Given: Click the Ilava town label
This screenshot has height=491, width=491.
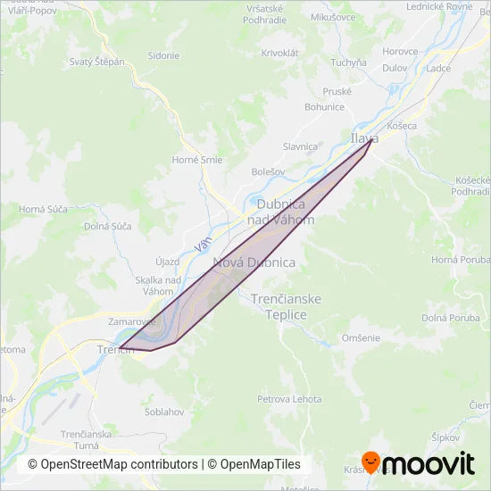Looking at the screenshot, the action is coord(363,138).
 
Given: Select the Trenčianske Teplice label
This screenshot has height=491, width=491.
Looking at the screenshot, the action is coord(286,306).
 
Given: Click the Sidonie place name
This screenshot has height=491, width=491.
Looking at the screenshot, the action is coord(163,55).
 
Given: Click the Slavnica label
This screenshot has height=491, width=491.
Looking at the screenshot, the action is coord(300,146).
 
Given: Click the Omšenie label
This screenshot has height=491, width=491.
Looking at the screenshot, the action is coord(361,337).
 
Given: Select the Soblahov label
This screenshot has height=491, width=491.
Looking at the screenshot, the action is coord(163,412).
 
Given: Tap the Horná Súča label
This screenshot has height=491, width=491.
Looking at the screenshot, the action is coord(43,209).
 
